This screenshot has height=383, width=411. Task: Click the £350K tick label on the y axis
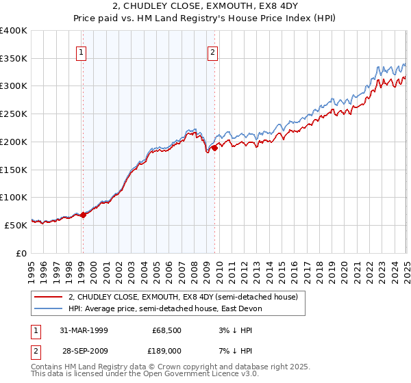click(x=14, y=59)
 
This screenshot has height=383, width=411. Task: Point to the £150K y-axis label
click(x=14, y=170)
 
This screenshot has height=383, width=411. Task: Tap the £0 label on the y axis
click(x=21, y=253)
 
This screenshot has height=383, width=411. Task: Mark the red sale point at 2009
click(x=214, y=147)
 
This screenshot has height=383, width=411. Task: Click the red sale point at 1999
click(x=84, y=215)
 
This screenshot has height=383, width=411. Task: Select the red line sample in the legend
click(x=49, y=298)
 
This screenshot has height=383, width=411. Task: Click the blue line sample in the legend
click(x=49, y=309)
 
